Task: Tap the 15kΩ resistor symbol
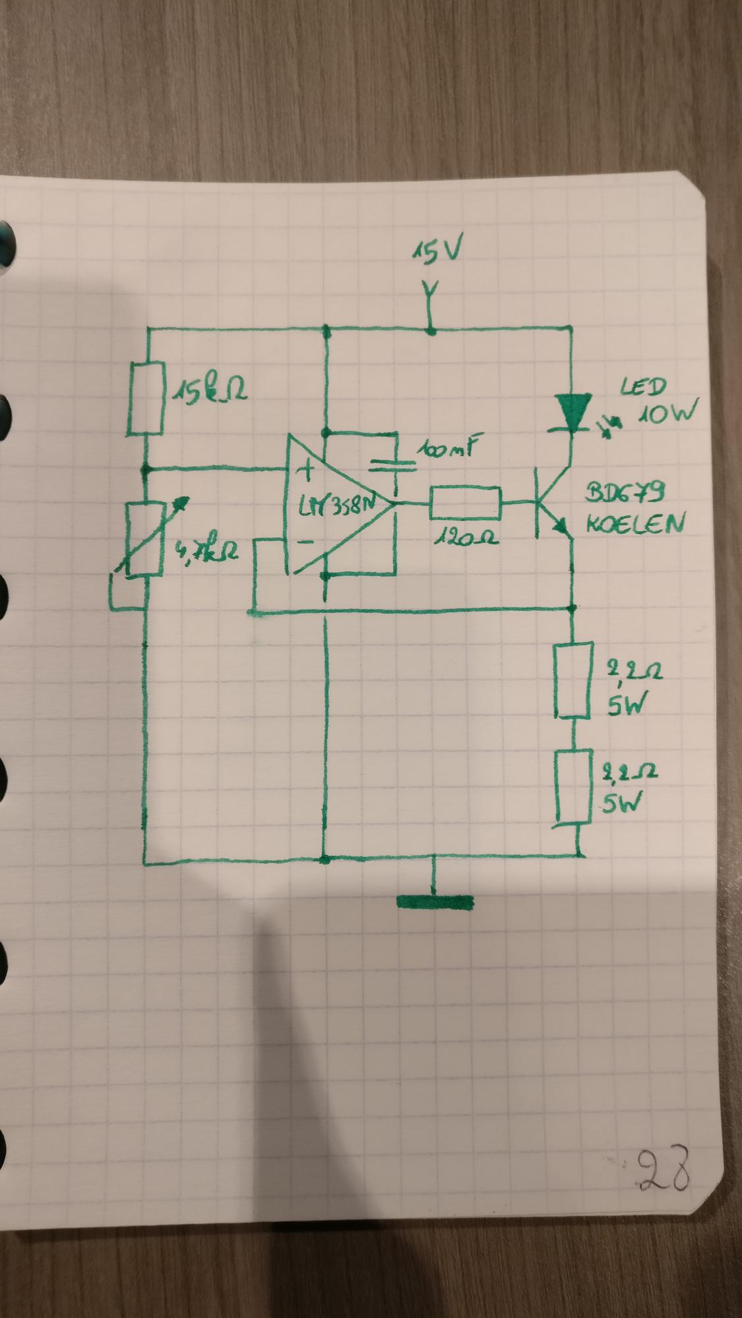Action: tap(146, 398)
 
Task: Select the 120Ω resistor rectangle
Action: tap(466, 504)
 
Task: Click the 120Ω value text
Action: tap(464, 537)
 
